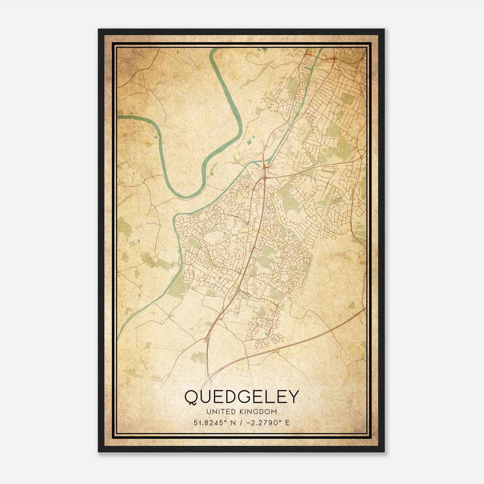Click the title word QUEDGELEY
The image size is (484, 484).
point(242,397)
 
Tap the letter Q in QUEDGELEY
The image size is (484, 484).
point(191,397)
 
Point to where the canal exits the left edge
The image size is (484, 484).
point(118,336)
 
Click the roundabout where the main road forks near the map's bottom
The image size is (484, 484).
point(207,339)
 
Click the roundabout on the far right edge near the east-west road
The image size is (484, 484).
point(362,157)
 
